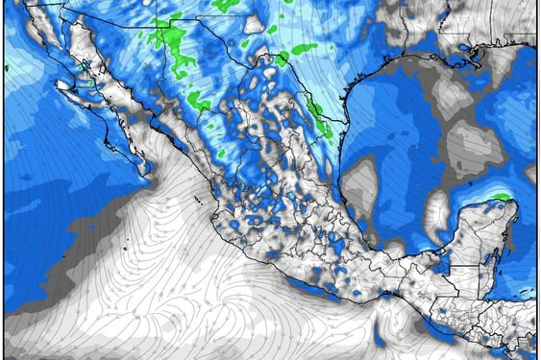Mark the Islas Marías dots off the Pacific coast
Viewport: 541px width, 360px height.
click(x=196, y=200)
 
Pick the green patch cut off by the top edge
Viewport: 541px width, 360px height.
click(x=226, y=5)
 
